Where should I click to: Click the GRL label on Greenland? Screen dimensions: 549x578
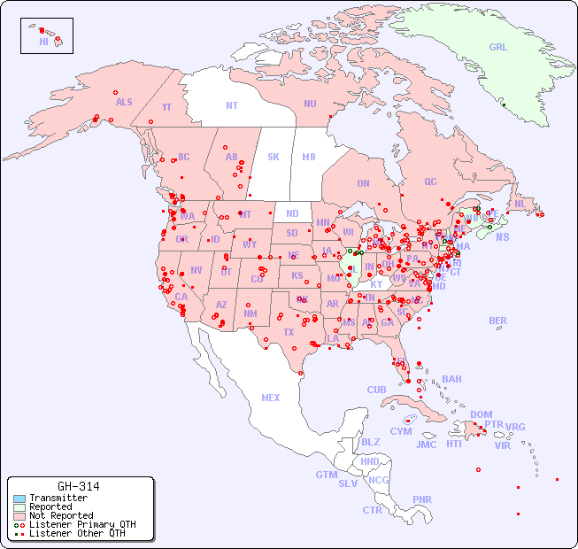(x=498, y=47)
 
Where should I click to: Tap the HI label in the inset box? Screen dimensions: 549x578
(x=43, y=42)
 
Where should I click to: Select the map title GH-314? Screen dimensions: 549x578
(x=78, y=486)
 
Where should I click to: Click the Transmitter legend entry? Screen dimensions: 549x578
(x=58, y=499)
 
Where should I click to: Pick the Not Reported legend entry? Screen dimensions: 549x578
(x=61, y=515)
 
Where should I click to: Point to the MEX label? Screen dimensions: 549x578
(x=271, y=398)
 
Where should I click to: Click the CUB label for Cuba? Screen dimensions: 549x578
(x=376, y=390)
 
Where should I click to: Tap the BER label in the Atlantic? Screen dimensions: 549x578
(x=498, y=321)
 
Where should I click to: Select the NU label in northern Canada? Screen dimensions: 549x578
(x=310, y=104)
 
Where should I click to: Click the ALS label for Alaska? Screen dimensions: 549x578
(x=124, y=102)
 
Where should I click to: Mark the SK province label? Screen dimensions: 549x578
(x=274, y=157)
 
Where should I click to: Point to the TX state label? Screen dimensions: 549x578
(x=288, y=332)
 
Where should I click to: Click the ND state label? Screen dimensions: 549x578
(x=292, y=213)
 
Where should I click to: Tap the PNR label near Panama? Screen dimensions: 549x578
(x=422, y=499)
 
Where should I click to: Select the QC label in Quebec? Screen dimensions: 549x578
(x=430, y=182)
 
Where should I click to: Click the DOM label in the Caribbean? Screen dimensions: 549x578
(x=481, y=414)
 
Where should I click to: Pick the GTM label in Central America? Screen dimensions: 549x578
(x=326, y=475)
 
